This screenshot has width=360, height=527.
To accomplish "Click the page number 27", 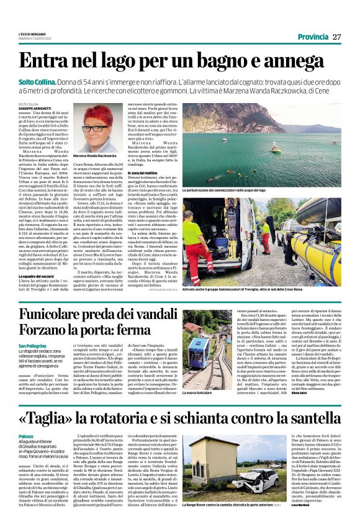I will (336, 37).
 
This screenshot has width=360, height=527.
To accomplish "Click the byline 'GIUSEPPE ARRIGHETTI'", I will (34, 108).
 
